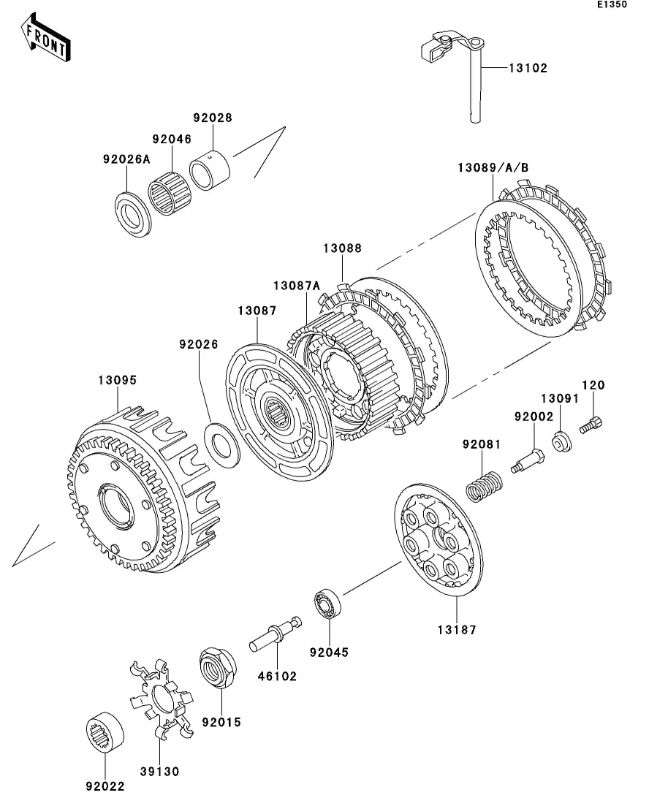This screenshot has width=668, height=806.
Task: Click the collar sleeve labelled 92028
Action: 210,170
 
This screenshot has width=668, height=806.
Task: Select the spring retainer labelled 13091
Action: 561,442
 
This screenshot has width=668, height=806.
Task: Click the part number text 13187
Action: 455,629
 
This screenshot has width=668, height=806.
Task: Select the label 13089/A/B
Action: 493,168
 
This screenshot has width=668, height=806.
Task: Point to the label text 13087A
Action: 297,285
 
